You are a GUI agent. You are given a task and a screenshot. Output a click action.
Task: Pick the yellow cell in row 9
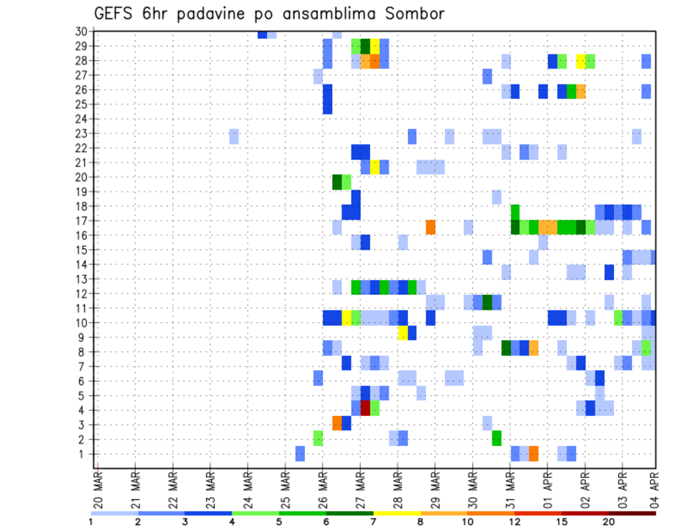tap(403, 333)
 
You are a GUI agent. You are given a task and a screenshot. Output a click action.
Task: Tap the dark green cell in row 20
tap(337, 182)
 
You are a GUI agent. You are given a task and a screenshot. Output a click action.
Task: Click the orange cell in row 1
tap(533, 454)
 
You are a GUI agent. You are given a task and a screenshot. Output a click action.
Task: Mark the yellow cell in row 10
tap(346, 318)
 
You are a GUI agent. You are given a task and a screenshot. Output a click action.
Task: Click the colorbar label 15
tap(562, 522)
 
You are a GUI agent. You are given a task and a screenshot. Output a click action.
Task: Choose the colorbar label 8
tap(420, 522)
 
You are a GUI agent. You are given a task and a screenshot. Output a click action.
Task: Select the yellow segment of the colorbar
tap(396, 513)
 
